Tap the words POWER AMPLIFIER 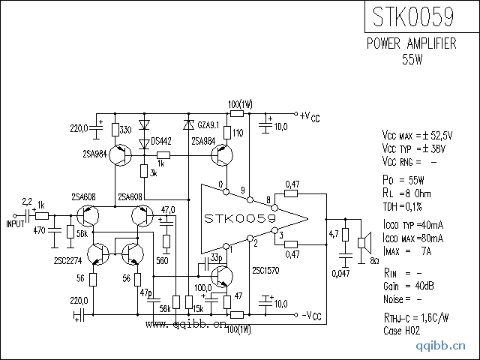[x=411, y=44]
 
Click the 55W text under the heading [x=412, y=59]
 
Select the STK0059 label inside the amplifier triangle [x=240, y=218]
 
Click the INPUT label [x=16, y=223]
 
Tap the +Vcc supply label [x=309, y=117]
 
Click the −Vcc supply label [x=309, y=315]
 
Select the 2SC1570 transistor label [x=266, y=270]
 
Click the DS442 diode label [x=160, y=141]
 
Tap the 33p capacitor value [x=216, y=257]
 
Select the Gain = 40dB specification [x=409, y=286]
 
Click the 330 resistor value [x=126, y=130]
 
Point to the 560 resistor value [x=162, y=261]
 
